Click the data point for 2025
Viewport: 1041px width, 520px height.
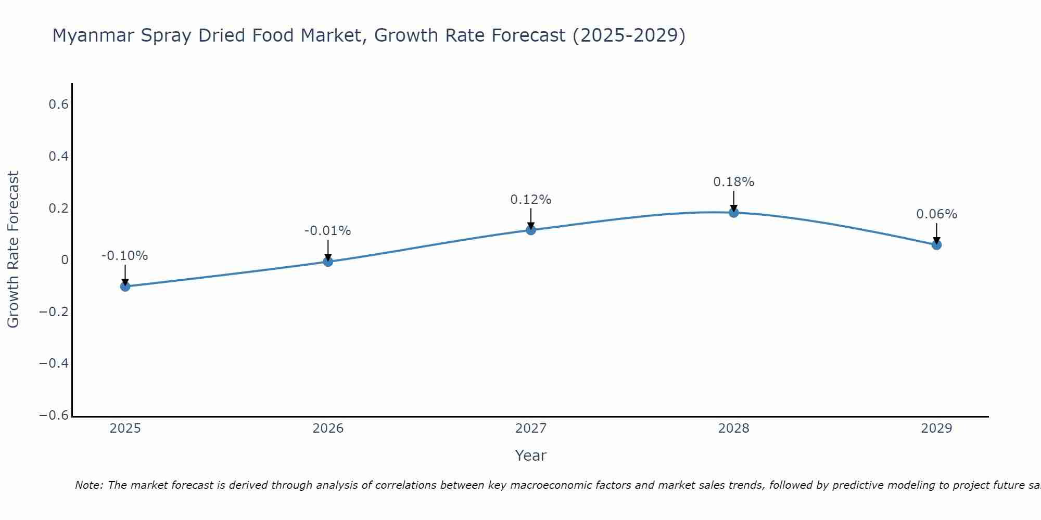pyautogui.click(x=125, y=286)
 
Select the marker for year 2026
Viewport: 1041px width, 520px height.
pyautogui.click(x=328, y=262)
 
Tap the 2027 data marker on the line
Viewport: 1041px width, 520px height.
pyautogui.click(x=531, y=230)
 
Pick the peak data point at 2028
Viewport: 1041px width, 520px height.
pyautogui.click(x=734, y=212)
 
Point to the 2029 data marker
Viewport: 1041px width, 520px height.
pyautogui.click(x=936, y=244)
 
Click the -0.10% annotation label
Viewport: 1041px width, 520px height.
pyautogui.click(x=125, y=256)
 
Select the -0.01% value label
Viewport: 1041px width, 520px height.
pyautogui.click(x=328, y=231)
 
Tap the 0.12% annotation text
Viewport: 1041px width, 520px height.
pyautogui.click(x=531, y=200)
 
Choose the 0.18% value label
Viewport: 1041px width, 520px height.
pyautogui.click(x=734, y=182)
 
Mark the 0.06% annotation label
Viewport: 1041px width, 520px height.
pyautogui.click(x=936, y=214)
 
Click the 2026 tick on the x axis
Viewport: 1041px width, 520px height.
pyautogui.click(x=328, y=428)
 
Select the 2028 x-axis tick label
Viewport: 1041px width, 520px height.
pyautogui.click(x=734, y=428)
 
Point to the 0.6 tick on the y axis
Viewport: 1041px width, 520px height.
pyautogui.click(x=59, y=105)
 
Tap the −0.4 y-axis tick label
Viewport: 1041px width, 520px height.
pyautogui.click(x=54, y=363)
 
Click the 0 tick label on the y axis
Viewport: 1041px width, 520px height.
pyautogui.click(x=65, y=260)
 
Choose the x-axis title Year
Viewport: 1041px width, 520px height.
pyautogui.click(x=531, y=456)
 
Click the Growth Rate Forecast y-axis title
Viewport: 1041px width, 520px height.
pyautogui.click(x=14, y=250)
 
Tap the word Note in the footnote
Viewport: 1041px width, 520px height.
pyautogui.click(x=88, y=486)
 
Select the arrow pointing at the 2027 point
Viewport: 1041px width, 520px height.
pyautogui.click(x=531, y=218)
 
